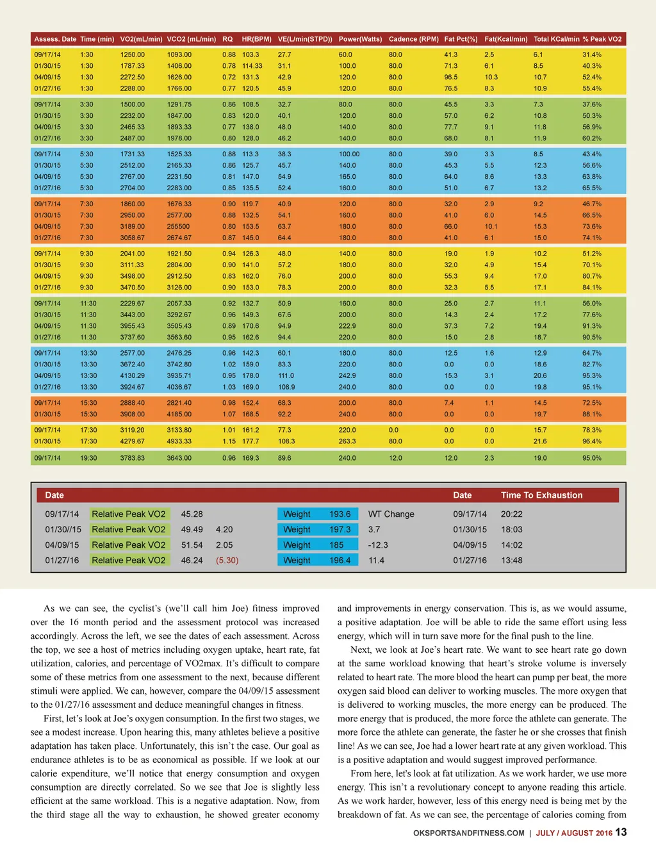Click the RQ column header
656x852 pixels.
(x=227, y=39)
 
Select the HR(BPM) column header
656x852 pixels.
(x=256, y=39)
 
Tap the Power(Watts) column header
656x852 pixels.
(x=360, y=39)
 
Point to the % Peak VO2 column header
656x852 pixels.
(x=602, y=39)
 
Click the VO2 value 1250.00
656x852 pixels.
(x=132, y=55)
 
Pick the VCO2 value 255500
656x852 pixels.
(x=178, y=227)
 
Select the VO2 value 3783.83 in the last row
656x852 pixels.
(x=132, y=459)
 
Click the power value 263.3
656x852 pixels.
(x=347, y=441)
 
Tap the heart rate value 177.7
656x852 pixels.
(x=250, y=441)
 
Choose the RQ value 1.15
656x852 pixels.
(x=229, y=441)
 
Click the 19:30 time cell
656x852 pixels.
(x=88, y=459)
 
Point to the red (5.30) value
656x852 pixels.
(x=227, y=561)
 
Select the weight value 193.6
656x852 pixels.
(x=340, y=514)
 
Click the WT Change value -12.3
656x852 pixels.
(x=378, y=545)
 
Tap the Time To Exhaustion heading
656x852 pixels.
(x=541, y=495)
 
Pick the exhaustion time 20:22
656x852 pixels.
(x=511, y=514)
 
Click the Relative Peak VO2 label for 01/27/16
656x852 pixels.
(x=128, y=561)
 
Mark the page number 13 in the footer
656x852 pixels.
(x=621, y=832)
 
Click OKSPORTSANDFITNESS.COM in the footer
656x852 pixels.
(x=468, y=833)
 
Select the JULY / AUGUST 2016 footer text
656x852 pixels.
(x=574, y=833)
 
